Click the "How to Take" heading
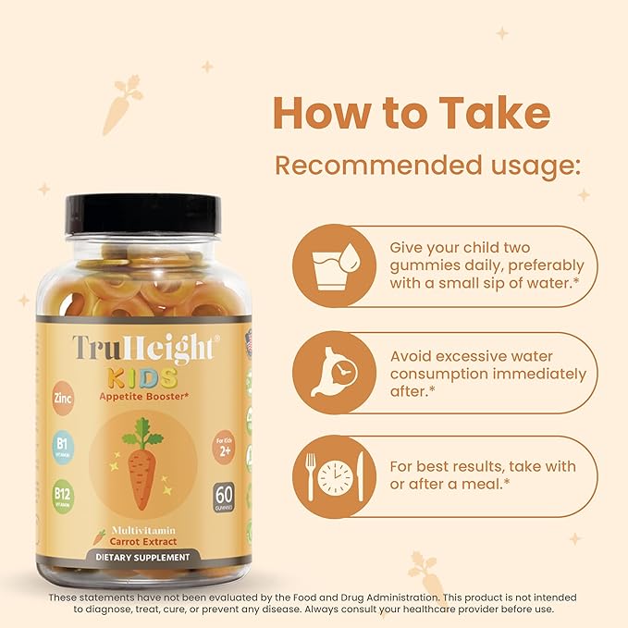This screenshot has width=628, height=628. coord(412,113)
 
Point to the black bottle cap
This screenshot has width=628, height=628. coord(142,213)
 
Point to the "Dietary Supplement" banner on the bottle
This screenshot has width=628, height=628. coord(142,558)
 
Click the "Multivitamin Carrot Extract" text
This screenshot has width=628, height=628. coord(143,534)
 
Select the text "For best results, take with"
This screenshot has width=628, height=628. coord(482,466)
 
